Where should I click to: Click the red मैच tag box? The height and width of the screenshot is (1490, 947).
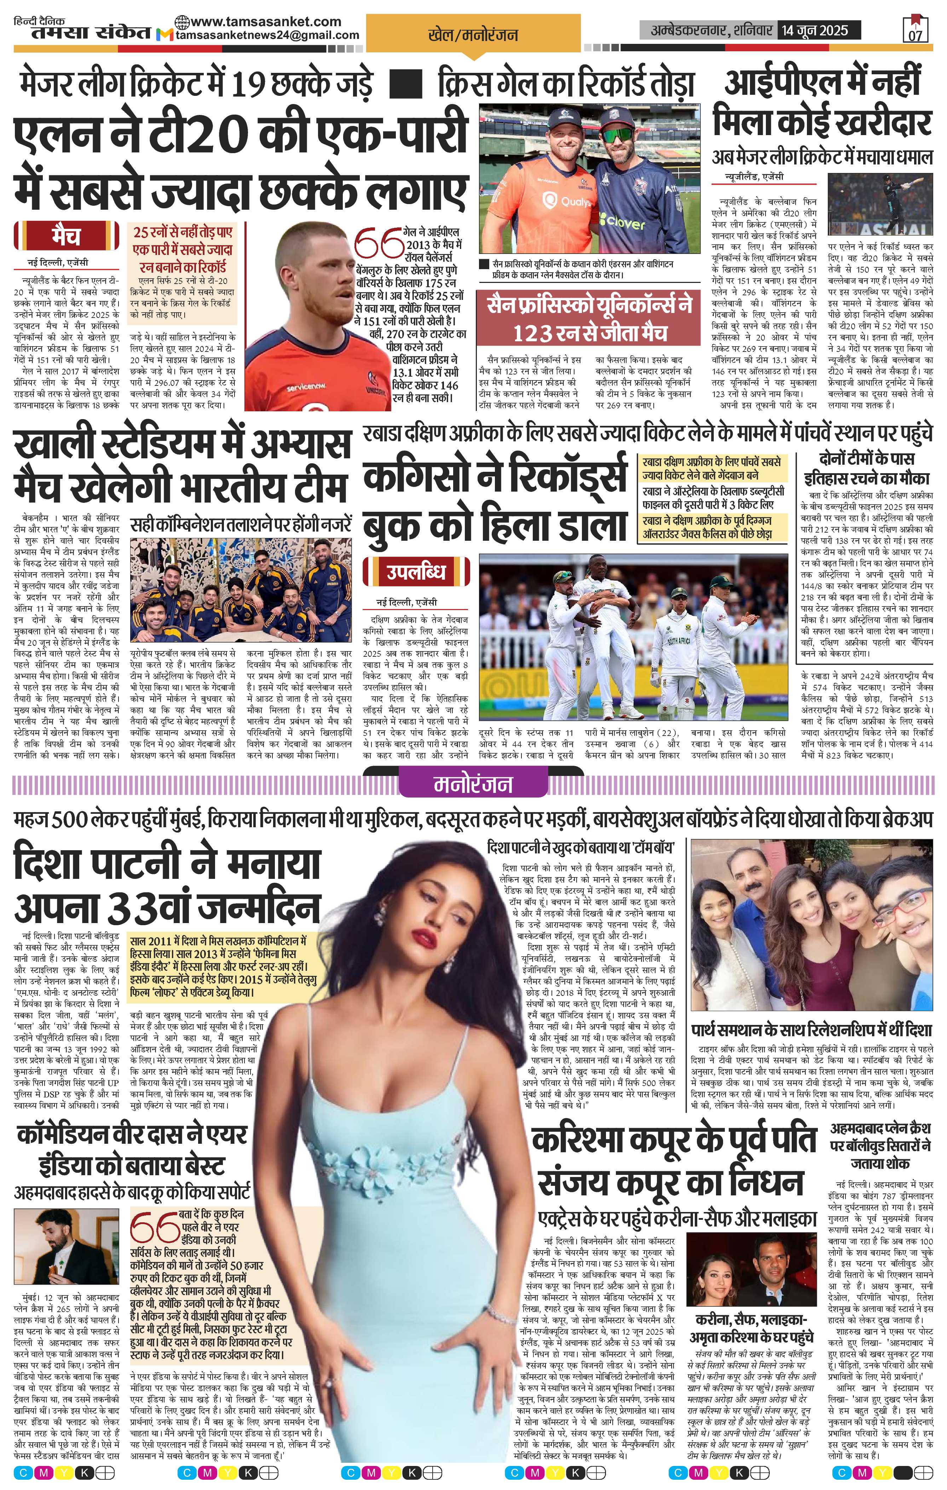point(66,236)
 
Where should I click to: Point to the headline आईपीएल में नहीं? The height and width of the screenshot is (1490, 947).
point(822,83)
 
